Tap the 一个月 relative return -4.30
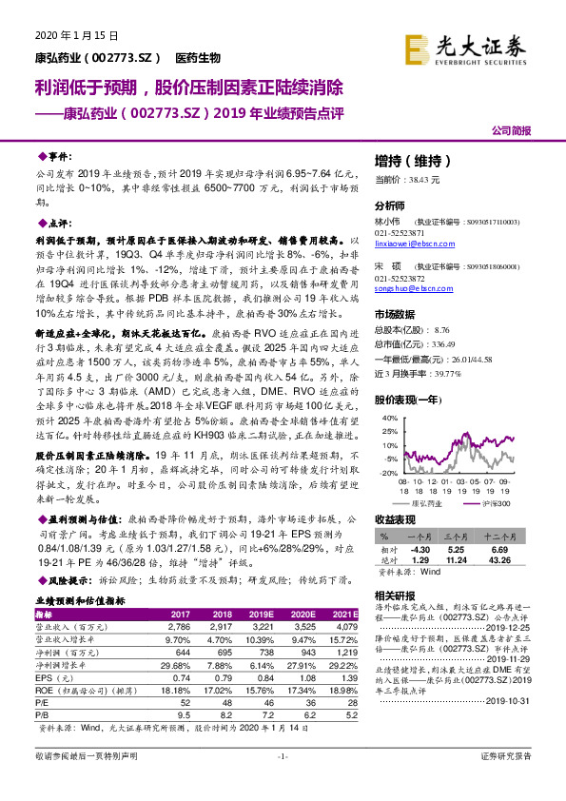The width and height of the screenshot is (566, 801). [x=420, y=550]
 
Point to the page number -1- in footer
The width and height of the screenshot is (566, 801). [x=282, y=781]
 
